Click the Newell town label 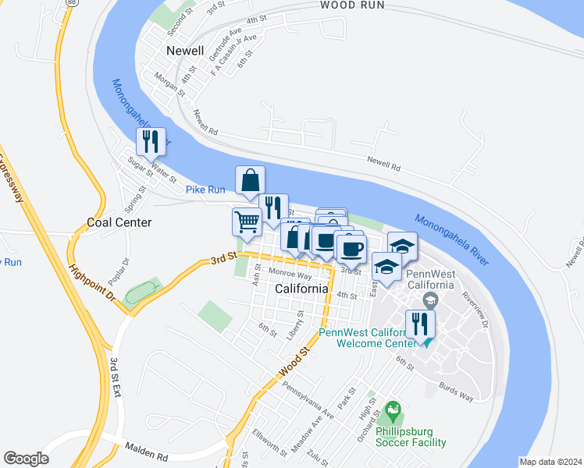(x=185, y=51)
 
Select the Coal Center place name (x=119, y=222)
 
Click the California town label (x=302, y=289)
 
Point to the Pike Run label (x=205, y=190)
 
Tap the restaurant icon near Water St (x=151, y=142)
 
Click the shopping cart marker (x=247, y=222)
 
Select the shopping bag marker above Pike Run (x=250, y=181)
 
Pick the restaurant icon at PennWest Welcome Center (x=420, y=324)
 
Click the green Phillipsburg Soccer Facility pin (x=393, y=409)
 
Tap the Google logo (x=26, y=459)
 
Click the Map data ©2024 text (x=550, y=462)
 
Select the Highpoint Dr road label (x=92, y=282)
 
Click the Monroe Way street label (x=290, y=275)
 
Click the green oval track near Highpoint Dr (x=141, y=293)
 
